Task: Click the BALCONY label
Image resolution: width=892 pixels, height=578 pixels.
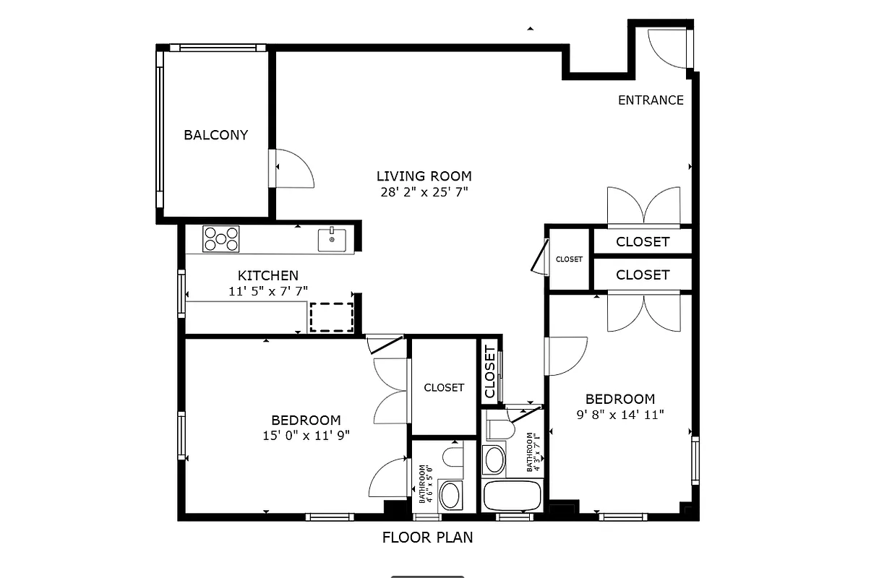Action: point(215,135)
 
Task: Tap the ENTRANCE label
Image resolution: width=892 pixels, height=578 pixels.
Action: point(650,100)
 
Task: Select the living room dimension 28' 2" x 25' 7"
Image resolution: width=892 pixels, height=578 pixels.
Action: point(424,192)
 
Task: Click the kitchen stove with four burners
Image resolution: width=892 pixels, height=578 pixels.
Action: point(220,239)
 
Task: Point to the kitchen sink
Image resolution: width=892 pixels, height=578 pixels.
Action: point(332,239)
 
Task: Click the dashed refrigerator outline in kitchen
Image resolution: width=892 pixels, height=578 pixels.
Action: point(331,317)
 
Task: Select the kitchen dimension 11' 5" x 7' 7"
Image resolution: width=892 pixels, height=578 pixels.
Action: point(267,291)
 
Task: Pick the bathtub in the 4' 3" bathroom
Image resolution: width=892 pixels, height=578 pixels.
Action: point(511,496)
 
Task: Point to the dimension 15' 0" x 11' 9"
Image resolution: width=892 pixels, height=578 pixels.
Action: point(306,436)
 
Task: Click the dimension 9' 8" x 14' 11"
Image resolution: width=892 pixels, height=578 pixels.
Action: point(619,415)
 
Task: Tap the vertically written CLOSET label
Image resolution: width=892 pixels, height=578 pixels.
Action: point(489,371)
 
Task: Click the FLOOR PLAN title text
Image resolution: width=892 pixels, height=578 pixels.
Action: point(427,538)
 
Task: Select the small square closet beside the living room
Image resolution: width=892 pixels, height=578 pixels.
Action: point(569,259)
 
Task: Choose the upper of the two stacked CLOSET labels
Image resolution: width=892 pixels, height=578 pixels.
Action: point(642,242)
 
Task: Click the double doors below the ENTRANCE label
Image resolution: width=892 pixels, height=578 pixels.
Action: point(643,207)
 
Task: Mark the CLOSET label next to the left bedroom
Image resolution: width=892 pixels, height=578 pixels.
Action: point(444,388)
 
